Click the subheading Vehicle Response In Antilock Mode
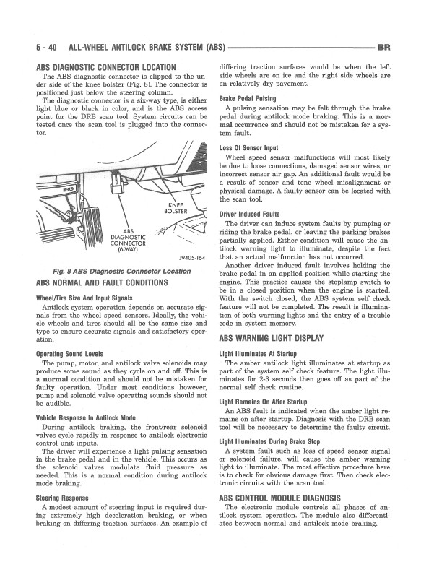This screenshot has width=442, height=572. pos(85,417)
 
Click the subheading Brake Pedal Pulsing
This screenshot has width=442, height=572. pos(247,97)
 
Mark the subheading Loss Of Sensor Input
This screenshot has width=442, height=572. pos(249,148)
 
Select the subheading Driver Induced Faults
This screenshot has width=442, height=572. pos(249,214)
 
